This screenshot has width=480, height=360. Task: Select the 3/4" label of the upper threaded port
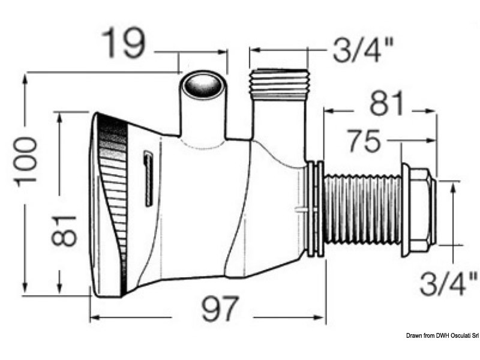(363, 52)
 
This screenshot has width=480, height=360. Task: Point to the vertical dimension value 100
(27, 160)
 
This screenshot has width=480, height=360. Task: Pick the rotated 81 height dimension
(64, 229)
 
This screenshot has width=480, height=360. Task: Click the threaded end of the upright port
(278, 82)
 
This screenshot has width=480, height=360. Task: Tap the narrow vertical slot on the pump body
(148, 179)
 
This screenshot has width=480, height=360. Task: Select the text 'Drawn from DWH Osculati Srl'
(441, 352)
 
